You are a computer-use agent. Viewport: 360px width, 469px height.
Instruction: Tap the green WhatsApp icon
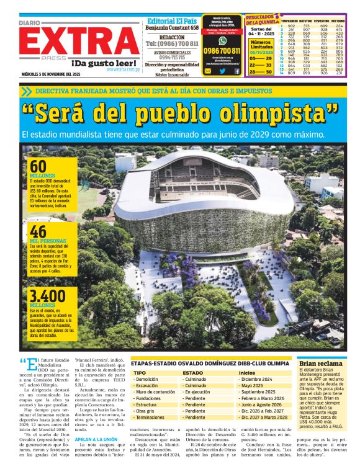pos(222,40)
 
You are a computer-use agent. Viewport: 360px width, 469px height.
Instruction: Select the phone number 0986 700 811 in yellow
pos(222,51)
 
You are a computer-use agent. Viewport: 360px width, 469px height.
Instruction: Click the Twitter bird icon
pos(223,71)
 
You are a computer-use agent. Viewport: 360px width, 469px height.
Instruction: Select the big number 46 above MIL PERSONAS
pos(38,231)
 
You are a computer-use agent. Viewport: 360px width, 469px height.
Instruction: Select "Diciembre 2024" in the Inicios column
pos(257,378)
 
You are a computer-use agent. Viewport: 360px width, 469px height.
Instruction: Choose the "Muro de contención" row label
pos(156,392)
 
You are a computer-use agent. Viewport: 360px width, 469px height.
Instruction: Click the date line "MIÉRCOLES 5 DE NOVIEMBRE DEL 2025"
pos(50,74)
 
